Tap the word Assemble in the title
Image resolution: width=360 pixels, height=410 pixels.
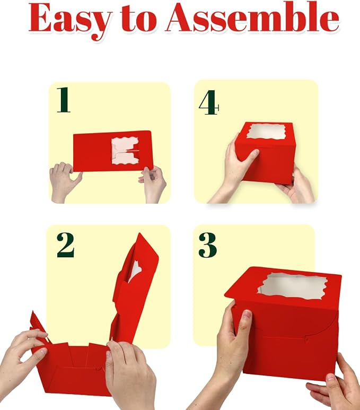pyautogui.click(x=253, y=19)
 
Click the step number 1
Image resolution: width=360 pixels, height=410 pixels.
pyautogui.click(x=64, y=100)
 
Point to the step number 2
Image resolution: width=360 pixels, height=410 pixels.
pyautogui.click(x=65, y=245)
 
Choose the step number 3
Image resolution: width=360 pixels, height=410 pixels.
pyautogui.click(x=208, y=245)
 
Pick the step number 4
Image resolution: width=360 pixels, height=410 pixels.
pyautogui.click(x=208, y=102)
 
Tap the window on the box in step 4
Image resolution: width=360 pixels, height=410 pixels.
pyautogui.click(x=266, y=132)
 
